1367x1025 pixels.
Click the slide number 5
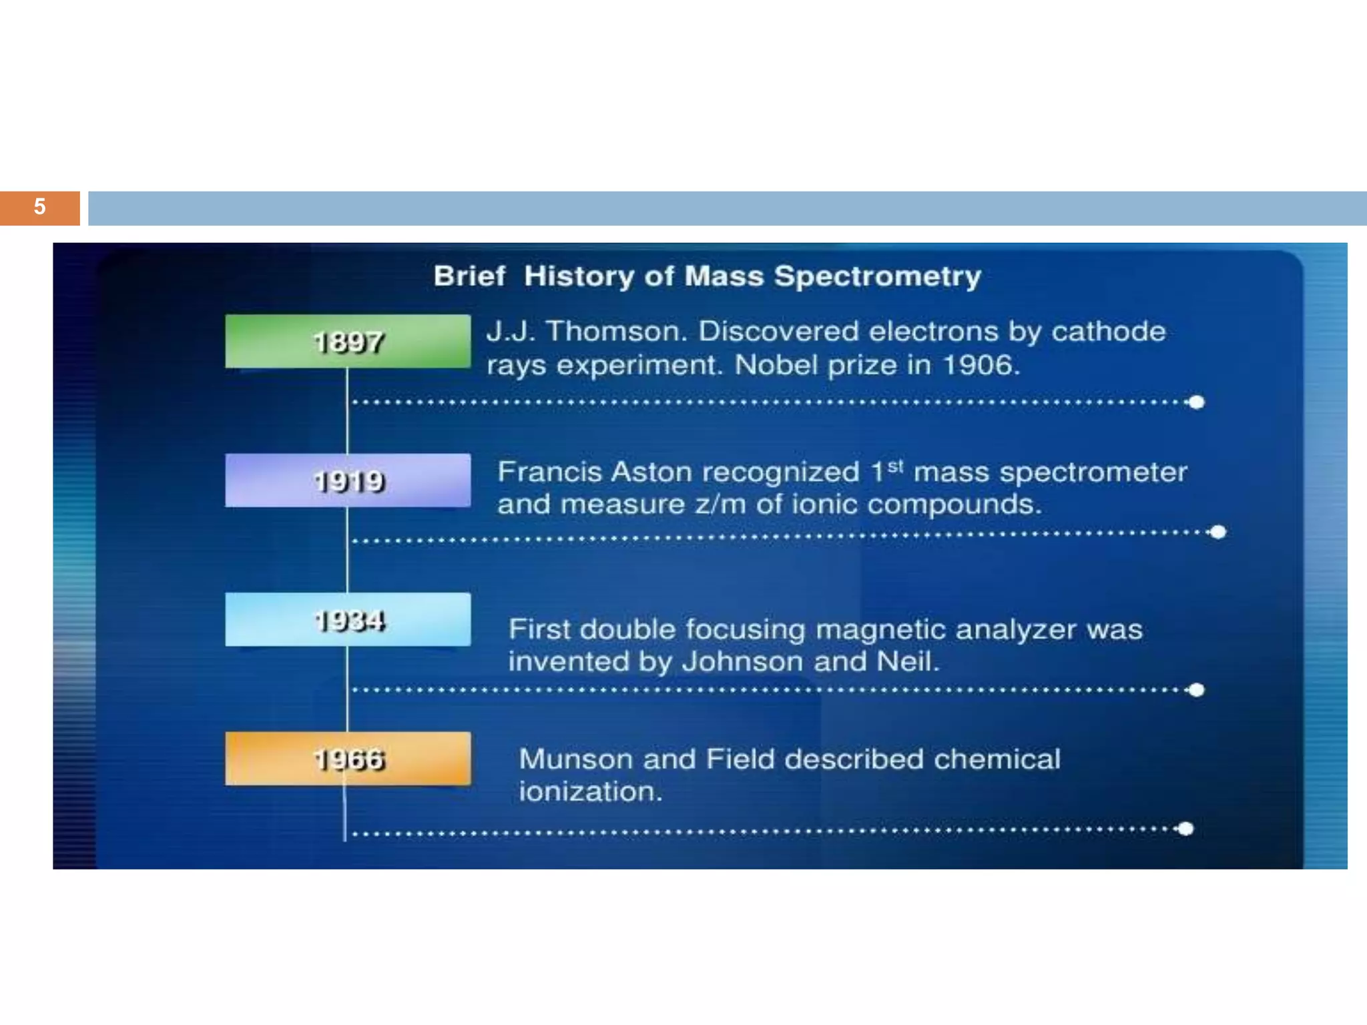point(39,207)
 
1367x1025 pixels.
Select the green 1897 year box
point(348,342)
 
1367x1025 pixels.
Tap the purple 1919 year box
point(348,480)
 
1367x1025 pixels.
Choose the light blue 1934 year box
point(348,620)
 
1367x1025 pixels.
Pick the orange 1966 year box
point(348,759)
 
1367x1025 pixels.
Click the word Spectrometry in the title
point(877,276)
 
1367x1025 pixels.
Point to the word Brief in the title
point(469,276)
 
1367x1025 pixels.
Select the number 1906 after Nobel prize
point(979,365)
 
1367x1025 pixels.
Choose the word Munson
point(575,759)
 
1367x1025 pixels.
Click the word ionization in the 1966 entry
point(591,792)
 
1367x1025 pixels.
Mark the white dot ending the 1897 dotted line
point(1197,402)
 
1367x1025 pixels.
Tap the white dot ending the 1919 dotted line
point(1218,532)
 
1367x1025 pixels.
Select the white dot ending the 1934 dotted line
point(1197,690)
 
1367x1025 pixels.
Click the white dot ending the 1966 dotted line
point(1186,829)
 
